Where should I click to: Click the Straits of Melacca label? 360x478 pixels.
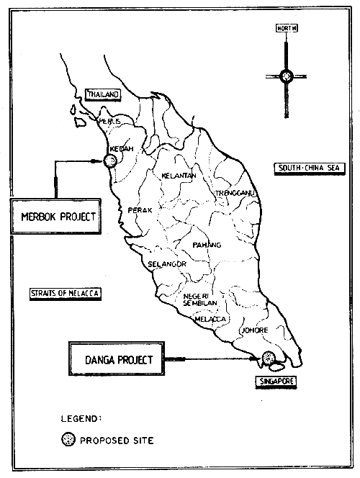click(63, 293)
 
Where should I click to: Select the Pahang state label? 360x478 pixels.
click(206, 245)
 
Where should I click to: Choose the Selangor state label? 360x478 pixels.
click(167, 264)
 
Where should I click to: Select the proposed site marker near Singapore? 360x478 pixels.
click(268, 357)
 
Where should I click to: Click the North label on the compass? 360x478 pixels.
click(286, 29)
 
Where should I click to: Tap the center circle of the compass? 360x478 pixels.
click(286, 74)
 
